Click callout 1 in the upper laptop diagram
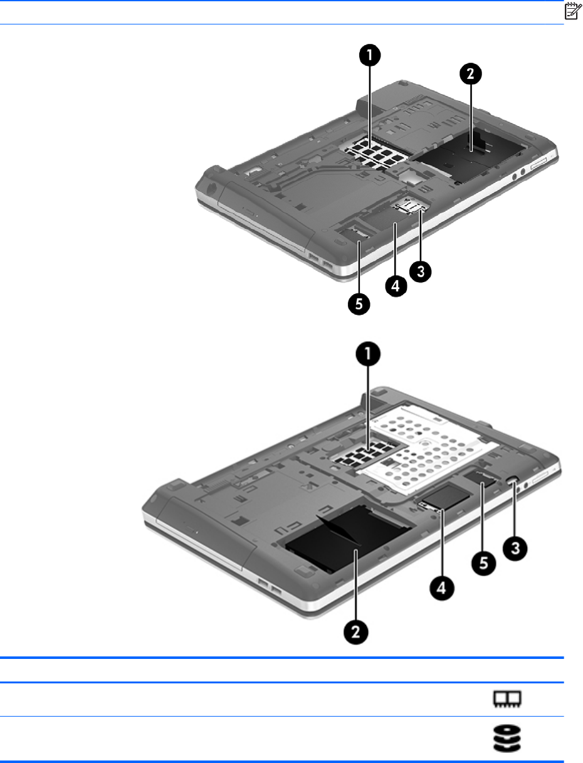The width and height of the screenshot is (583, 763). tap(370, 55)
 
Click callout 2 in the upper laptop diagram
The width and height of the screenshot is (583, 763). tap(470, 74)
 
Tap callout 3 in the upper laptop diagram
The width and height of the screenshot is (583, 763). tap(421, 271)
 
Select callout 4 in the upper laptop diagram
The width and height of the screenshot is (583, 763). tap(396, 286)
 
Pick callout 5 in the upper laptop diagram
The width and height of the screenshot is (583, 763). tap(359, 304)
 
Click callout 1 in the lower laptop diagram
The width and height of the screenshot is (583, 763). tap(368, 354)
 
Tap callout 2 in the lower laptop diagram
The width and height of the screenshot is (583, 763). tap(356, 631)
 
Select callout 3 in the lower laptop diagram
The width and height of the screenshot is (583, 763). tap(515, 549)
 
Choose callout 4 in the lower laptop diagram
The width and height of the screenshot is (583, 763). tap(441, 588)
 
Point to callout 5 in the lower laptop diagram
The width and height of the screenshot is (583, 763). tap(483, 563)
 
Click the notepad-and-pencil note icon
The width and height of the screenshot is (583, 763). tap(572, 11)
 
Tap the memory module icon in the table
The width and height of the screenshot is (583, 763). tap(507, 698)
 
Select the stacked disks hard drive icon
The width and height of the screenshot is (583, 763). tap(507, 737)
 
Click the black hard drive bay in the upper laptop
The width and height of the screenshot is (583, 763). tap(469, 153)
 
